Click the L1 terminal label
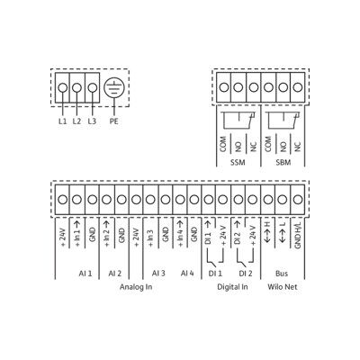62,121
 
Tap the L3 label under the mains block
92,121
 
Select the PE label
114,121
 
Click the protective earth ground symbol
114,87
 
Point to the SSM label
238,163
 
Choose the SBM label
283,163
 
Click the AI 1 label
85,274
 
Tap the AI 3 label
158,274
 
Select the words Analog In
136,287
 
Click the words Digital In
232,287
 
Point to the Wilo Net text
283,287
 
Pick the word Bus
282,274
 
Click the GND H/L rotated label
298,236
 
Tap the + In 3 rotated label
151,238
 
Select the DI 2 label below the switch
246,274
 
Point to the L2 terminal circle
77,87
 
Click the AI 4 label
187,274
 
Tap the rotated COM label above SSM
223,144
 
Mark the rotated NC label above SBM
298,146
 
